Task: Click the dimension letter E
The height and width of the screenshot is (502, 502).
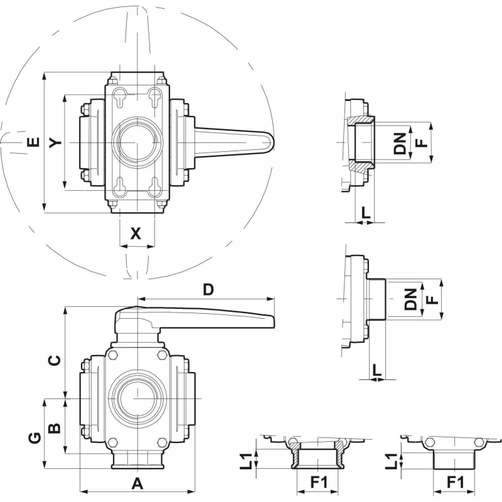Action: pyautogui.click(x=33, y=143)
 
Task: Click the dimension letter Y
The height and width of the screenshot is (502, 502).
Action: pyautogui.click(x=56, y=144)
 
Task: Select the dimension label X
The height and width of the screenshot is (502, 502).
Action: pyautogui.click(x=136, y=234)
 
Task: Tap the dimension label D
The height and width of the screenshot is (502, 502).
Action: pyautogui.click(x=209, y=289)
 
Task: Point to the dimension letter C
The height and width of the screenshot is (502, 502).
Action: pyautogui.click(x=55, y=360)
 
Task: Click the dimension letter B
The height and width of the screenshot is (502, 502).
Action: pyautogui.click(x=55, y=427)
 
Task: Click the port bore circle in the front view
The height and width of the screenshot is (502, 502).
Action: pyautogui.click(x=136, y=399)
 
